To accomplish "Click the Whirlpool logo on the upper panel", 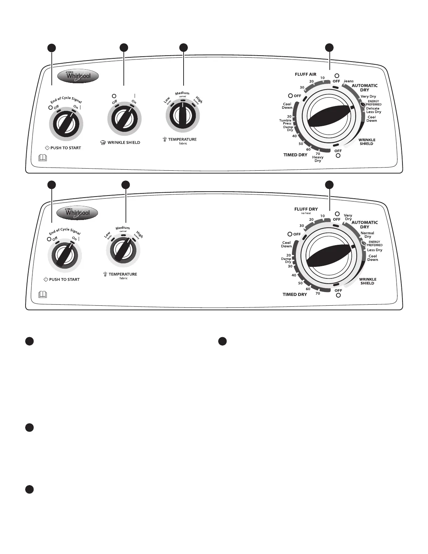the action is coord(78,77).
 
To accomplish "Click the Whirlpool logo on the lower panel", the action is coord(77,213).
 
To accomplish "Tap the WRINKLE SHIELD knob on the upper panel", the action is coord(124,119).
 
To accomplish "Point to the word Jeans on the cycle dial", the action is coord(348,81).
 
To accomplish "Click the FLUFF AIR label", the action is coord(305,74).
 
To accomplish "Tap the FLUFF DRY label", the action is coord(306,209).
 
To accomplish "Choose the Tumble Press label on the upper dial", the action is coord(285,122).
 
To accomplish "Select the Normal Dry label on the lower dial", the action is coord(367,235).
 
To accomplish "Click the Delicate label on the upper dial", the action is coord(373,108).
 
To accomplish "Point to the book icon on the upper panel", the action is coord(42,158).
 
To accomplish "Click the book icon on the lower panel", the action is coord(42,295).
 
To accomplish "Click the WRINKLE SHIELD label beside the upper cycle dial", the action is coord(367,142).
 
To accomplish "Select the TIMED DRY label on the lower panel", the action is coord(295,294).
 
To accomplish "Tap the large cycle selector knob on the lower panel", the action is coord(329,257).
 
